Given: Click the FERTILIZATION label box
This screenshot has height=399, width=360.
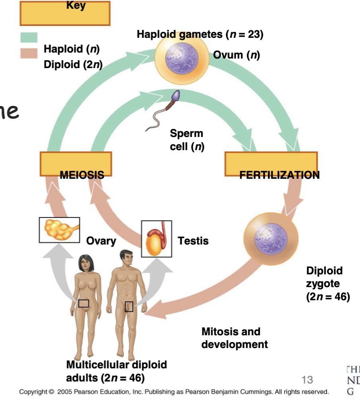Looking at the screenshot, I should click(271, 164).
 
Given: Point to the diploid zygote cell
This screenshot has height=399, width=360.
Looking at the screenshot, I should click(270, 239).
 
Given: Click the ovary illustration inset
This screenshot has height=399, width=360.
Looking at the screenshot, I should click(59, 230).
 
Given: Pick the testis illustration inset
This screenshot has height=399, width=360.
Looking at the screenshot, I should click(157, 239).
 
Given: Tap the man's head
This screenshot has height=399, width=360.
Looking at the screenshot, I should click(125, 258).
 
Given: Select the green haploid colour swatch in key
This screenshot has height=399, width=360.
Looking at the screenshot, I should click(29, 37).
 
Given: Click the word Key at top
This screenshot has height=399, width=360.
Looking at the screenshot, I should click(76, 6).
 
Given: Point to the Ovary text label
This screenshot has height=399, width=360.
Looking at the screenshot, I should click(101, 241).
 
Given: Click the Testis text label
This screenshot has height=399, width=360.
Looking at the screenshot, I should click(193, 241).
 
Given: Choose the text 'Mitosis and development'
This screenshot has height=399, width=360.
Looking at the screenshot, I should click(235, 338).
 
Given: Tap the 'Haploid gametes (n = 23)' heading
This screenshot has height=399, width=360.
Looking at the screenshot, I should click(200, 34).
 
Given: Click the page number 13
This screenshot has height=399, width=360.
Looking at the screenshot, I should click(307, 379).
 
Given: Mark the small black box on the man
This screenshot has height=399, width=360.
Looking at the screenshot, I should click(129, 306).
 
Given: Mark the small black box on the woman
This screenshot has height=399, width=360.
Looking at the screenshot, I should click(83, 303).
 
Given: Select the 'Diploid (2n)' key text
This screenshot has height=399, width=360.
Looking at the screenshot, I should click(73, 65).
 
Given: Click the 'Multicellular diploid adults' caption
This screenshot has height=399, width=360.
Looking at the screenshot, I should click(116, 370).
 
